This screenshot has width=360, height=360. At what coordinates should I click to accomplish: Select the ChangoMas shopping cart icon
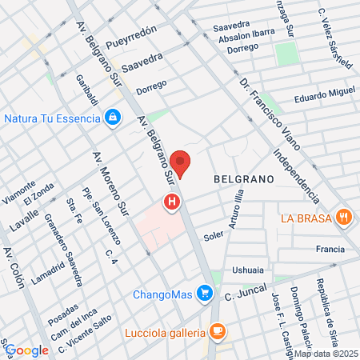[206, 294]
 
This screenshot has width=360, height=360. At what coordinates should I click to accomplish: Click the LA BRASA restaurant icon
[344, 217]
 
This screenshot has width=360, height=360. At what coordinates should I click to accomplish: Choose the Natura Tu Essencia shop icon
[114, 118]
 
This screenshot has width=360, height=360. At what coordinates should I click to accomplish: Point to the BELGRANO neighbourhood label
[245, 181]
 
